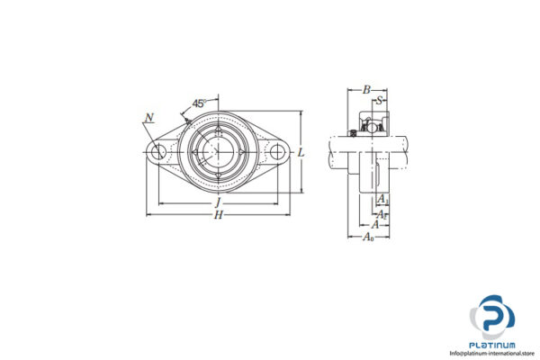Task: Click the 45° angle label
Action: coord(200,102)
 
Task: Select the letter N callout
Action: coord(148,116)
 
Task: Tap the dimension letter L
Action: coord(301,153)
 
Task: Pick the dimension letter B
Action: coord(365,90)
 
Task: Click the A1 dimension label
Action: coord(382,198)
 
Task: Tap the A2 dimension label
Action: coord(382,211)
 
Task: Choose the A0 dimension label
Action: coord(369,237)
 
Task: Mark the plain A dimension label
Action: coord(375,224)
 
